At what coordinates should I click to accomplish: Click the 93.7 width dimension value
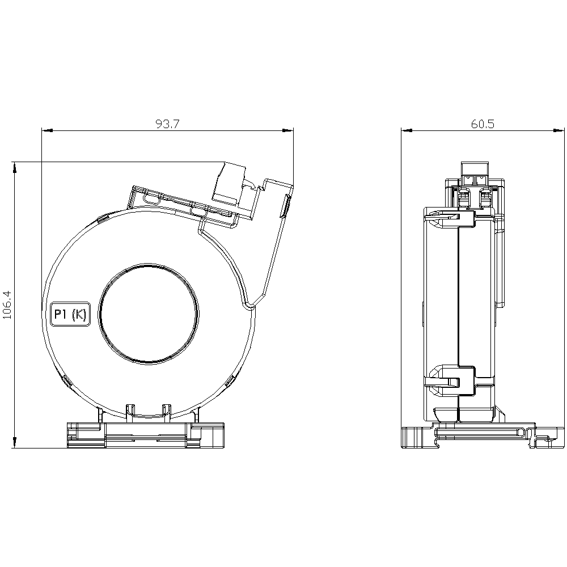coord(167,124)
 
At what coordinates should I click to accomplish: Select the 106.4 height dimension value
coord(7,305)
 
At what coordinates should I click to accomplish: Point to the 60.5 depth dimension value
coord(483,124)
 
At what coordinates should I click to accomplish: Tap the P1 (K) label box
coord(70,314)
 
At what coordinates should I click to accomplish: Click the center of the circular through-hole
coord(148,314)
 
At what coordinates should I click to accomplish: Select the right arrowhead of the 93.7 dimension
coord(288,130)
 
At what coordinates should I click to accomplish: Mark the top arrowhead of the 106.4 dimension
coord(15,167)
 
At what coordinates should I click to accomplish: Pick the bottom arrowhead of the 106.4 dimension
coord(15,443)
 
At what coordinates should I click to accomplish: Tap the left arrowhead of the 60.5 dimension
coord(407,130)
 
